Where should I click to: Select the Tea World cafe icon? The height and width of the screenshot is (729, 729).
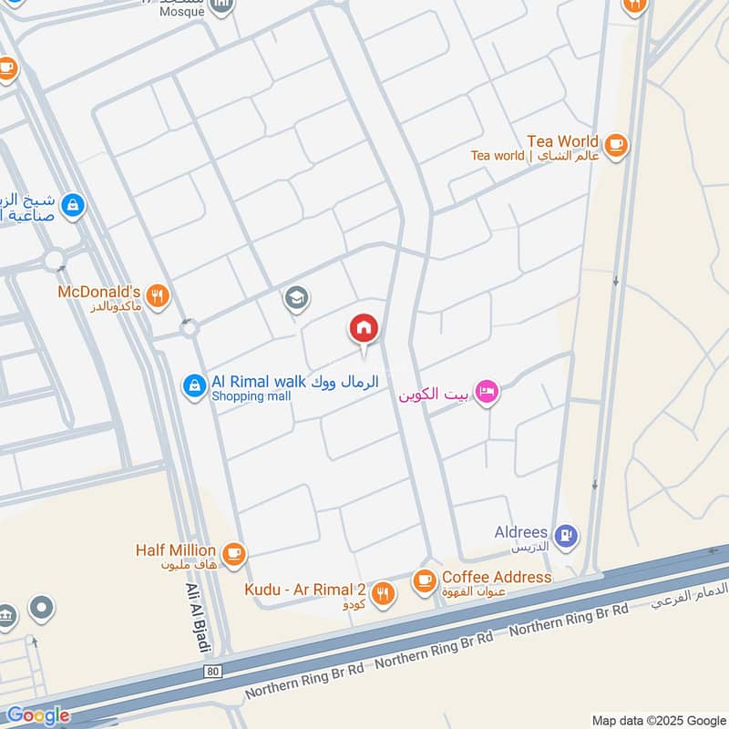point(616,144)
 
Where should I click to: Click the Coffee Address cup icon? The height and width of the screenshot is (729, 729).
point(424,579)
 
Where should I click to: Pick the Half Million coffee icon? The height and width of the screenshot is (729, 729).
point(234,552)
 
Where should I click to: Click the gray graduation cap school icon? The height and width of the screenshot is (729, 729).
point(295,297)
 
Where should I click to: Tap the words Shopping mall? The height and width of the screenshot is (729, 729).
point(252,396)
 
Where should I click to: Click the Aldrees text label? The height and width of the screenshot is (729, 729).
point(520,531)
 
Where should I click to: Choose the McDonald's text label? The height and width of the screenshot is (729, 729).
point(99,292)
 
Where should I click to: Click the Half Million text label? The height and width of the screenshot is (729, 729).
point(175,549)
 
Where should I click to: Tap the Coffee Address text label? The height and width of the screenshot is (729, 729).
point(497,576)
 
